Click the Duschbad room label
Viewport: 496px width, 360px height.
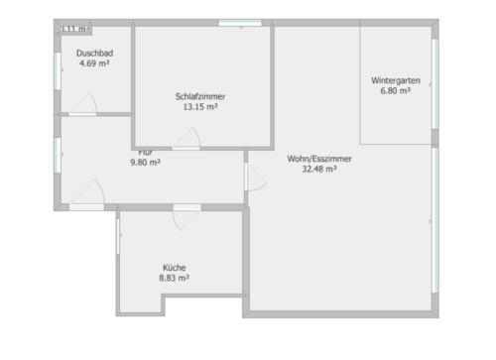[93, 55]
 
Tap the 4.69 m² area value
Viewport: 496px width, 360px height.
[93, 64]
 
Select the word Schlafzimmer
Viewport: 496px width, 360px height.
[199, 96]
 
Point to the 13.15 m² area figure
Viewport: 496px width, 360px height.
[199, 107]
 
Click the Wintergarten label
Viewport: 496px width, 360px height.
[395, 79]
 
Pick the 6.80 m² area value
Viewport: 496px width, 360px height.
[395, 90]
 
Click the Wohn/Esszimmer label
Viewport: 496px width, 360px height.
[319, 159]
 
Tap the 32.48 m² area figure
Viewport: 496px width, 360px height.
[319, 170]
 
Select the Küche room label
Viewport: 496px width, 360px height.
[175, 268]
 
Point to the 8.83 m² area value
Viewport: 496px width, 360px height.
[175, 279]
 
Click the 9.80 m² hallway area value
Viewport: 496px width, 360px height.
[145, 163]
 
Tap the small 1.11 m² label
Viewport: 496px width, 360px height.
[74, 29]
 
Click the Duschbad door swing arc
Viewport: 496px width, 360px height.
[87, 103]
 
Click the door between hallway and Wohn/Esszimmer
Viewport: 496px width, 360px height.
[255, 179]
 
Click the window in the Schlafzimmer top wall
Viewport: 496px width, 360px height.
[233, 23]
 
